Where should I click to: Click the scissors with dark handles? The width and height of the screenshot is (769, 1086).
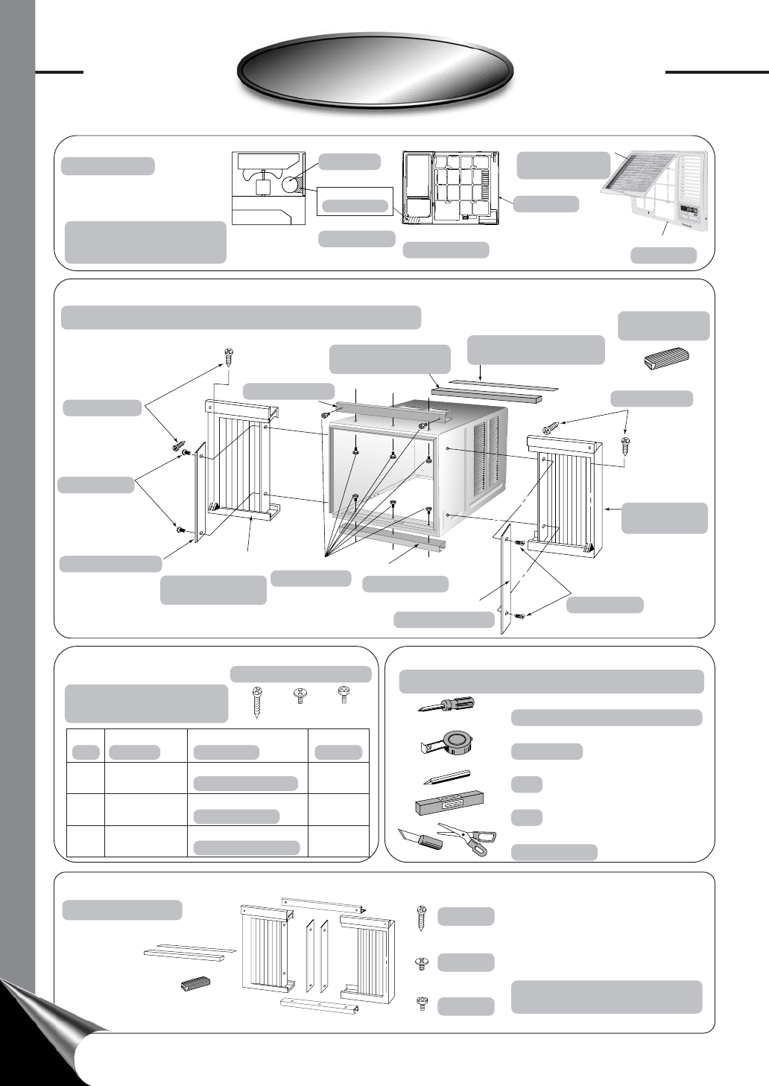click(468, 837)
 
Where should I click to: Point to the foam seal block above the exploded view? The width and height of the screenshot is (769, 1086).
click(668, 358)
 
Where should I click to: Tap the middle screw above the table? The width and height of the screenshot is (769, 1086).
click(300, 696)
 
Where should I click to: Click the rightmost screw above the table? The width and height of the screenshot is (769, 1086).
click(344, 694)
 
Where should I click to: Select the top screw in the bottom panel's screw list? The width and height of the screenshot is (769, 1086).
click(422, 915)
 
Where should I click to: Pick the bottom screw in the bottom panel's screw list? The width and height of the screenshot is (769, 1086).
click(422, 1004)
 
